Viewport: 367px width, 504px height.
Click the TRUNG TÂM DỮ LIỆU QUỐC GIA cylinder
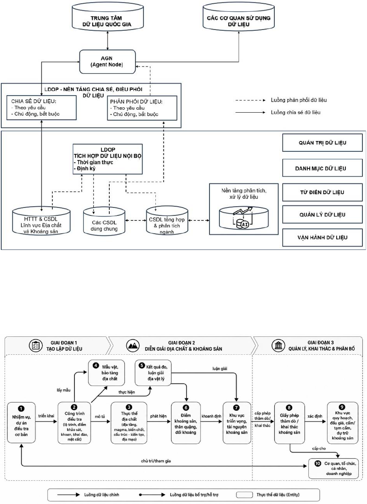click(x=108, y=18)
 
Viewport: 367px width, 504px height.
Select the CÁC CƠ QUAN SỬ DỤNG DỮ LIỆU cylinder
click(x=239, y=18)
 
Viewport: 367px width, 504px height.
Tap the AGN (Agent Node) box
click(x=108, y=62)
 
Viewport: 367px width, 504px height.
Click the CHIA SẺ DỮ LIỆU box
click(x=42, y=108)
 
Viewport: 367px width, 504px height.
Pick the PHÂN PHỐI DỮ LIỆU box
click(x=142, y=108)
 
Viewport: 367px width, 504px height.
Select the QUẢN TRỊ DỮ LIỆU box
click(x=323, y=143)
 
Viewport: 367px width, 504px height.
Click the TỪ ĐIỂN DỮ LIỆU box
click(x=323, y=193)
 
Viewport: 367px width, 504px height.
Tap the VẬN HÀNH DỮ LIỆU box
click(x=323, y=237)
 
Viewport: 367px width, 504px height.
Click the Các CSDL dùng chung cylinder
click(x=104, y=221)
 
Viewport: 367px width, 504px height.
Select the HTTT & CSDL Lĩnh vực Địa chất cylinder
click(x=42, y=221)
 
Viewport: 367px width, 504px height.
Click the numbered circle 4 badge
click(x=96, y=366)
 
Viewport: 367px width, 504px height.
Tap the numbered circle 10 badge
click(x=318, y=464)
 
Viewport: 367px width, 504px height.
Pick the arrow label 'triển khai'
click(x=46, y=416)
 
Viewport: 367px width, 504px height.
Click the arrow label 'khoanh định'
click(x=212, y=416)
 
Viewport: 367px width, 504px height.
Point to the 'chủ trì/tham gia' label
click(x=156, y=461)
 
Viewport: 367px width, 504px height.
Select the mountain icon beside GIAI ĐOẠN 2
click(x=133, y=346)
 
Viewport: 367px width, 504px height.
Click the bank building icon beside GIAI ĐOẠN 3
click(x=278, y=346)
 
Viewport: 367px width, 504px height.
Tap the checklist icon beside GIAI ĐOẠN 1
click(x=36, y=346)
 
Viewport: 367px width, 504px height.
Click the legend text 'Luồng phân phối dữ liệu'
click(x=299, y=100)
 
